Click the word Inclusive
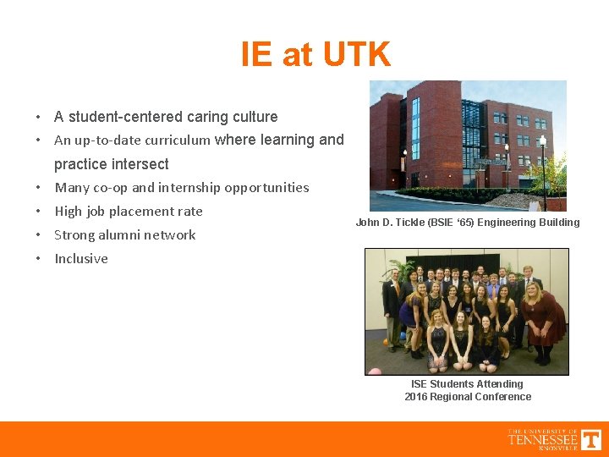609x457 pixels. pyautogui.click(x=81, y=259)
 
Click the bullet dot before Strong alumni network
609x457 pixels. pyautogui.click(x=40, y=235)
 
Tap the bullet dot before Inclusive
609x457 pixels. pyautogui.click(x=40, y=259)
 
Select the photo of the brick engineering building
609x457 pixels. pyautogui.click(x=468, y=146)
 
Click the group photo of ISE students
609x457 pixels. pyautogui.click(x=467, y=311)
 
